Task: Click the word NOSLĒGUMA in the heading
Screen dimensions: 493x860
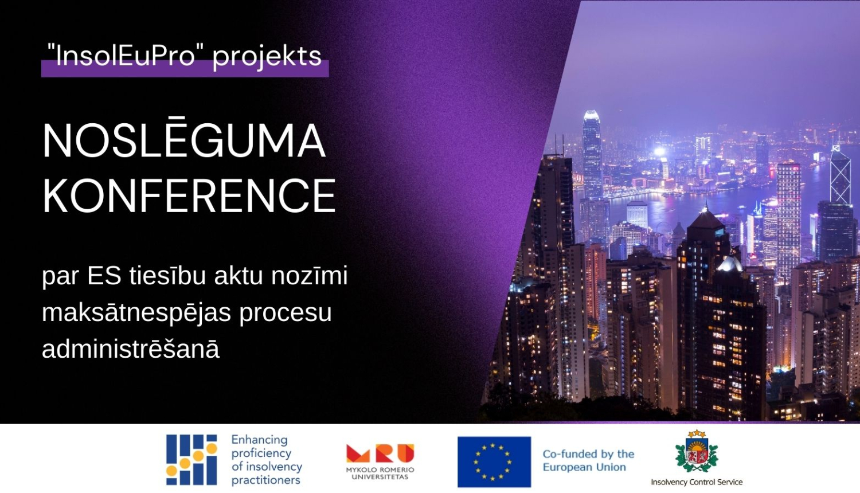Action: tap(183, 141)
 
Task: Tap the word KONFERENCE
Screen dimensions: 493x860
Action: tap(189, 195)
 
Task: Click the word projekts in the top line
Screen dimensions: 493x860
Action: tap(267, 57)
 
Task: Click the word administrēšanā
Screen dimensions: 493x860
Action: tap(131, 349)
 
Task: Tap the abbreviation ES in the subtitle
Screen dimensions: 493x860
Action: tap(104, 276)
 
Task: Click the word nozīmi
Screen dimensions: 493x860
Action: tap(310, 276)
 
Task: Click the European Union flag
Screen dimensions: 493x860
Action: tap(494, 461)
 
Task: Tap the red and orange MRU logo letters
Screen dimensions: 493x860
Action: tap(380, 453)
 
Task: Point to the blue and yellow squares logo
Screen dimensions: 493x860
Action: tap(191, 460)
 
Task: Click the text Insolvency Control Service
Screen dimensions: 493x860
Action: tap(697, 482)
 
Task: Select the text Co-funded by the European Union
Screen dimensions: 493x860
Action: tap(588, 460)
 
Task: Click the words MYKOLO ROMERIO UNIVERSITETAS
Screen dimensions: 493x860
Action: tap(380, 473)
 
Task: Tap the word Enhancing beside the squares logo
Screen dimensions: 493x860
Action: tap(259, 440)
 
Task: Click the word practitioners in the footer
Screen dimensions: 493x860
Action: tap(265, 480)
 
